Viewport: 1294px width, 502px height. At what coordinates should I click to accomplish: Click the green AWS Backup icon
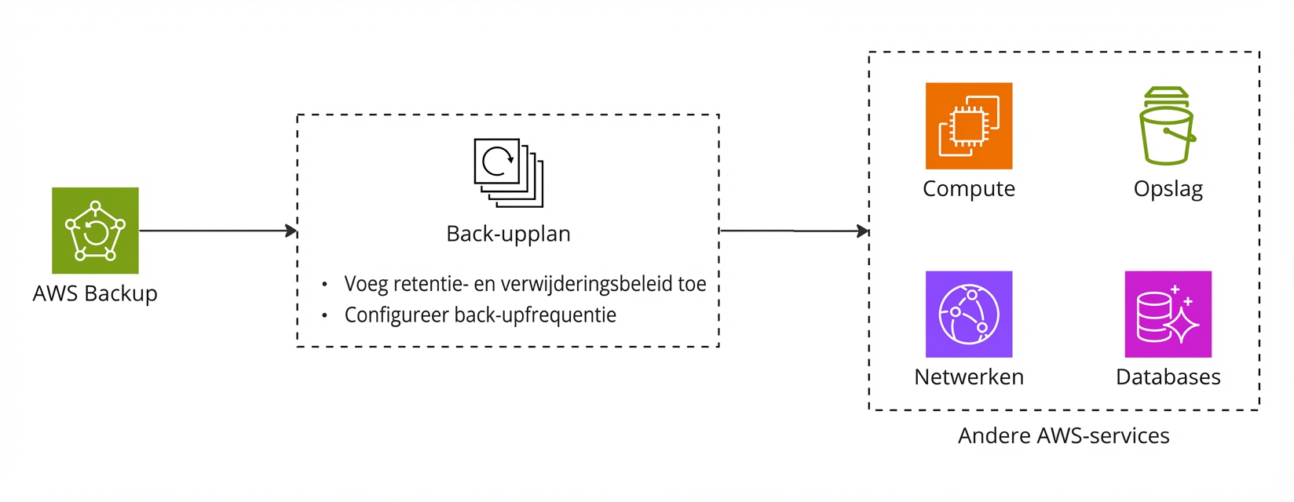(x=95, y=231)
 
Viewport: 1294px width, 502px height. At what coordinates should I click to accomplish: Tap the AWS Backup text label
(x=95, y=293)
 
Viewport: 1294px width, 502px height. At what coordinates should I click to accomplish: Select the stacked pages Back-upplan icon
(x=508, y=173)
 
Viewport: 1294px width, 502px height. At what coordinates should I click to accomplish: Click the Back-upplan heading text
(x=508, y=234)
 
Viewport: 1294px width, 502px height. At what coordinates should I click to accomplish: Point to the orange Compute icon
(x=968, y=125)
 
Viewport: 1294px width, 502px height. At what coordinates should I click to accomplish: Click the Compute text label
(x=968, y=189)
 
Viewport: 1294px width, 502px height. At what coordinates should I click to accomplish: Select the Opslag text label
(x=1168, y=189)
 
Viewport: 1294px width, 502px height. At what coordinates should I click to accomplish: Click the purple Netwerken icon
(x=968, y=314)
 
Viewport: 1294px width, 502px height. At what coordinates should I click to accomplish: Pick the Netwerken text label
(x=968, y=377)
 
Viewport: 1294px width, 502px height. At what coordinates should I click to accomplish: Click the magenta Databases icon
(x=1168, y=314)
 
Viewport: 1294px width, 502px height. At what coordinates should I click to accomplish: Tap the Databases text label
(x=1168, y=377)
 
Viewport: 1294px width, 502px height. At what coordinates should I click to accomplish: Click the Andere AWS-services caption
(x=1063, y=436)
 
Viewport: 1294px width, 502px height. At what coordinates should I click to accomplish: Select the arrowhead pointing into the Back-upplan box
(x=291, y=231)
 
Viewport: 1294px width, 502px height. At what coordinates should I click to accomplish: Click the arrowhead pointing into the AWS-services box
(x=863, y=231)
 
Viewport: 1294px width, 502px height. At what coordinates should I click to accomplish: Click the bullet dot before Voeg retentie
(x=324, y=284)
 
